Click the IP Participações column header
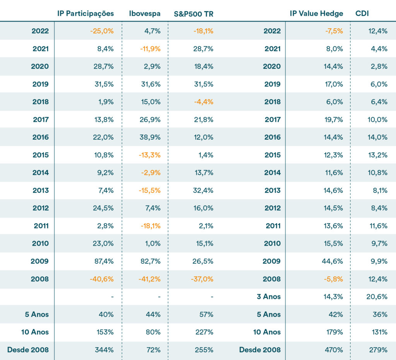click(x=85, y=14)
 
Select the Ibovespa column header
click(x=145, y=14)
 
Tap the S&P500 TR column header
click(x=194, y=14)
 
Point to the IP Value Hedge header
click(x=316, y=14)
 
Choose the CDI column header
click(x=362, y=14)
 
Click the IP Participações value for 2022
click(x=102, y=31)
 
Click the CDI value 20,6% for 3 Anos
click(x=378, y=297)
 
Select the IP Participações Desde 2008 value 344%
click(x=104, y=350)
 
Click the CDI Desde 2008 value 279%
click(x=379, y=350)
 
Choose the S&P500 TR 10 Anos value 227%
click(x=205, y=332)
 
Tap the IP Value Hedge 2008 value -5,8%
click(x=334, y=279)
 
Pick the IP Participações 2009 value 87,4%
click(x=104, y=261)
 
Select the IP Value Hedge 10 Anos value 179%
click(x=335, y=332)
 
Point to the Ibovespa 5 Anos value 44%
click(x=153, y=314)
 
